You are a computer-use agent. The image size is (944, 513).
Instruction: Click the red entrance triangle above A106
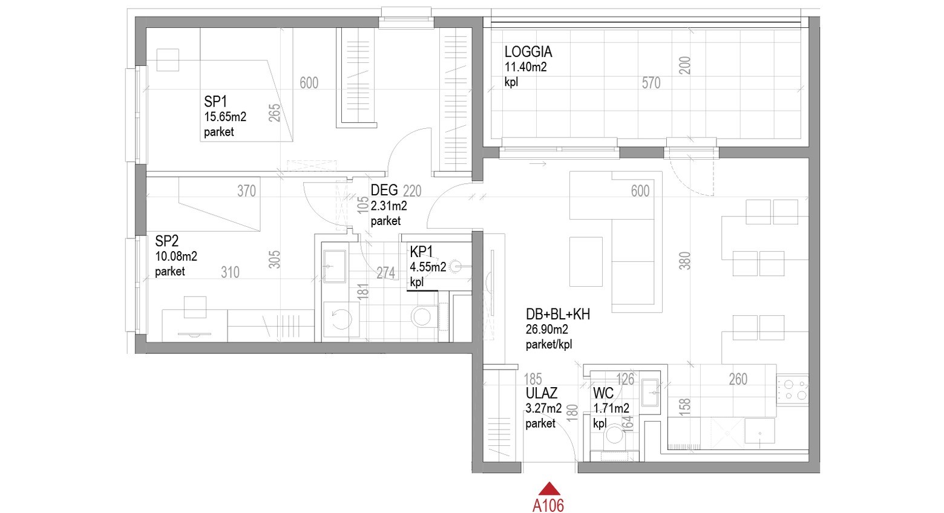[549, 489]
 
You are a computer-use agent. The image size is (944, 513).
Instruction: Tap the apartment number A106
[548, 505]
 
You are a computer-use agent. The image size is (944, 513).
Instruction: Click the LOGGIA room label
[528, 52]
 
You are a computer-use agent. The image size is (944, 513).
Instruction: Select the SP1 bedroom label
[215, 102]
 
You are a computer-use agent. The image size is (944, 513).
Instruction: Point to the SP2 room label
[166, 241]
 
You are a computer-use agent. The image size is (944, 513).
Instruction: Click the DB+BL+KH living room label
[557, 314]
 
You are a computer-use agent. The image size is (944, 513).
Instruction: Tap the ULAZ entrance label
[541, 393]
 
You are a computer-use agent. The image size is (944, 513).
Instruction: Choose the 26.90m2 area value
[546, 329]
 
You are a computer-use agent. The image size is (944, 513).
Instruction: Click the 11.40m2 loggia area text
[525, 67]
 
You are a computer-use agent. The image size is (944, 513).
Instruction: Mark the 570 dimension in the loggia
[651, 83]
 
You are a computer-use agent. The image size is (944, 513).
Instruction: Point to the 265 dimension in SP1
[274, 113]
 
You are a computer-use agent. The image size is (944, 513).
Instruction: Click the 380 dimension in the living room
[685, 260]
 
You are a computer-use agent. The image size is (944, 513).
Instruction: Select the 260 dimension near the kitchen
[738, 379]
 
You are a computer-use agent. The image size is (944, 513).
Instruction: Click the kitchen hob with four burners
[792, 390]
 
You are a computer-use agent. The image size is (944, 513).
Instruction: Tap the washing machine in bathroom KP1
[341, 319]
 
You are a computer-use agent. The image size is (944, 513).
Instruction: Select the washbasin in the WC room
[649, 392]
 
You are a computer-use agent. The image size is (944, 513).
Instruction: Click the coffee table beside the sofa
[586, 261]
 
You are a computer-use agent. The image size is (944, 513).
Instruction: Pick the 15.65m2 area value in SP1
[225, 117]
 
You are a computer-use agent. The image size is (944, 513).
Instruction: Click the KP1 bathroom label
[421, 252]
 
